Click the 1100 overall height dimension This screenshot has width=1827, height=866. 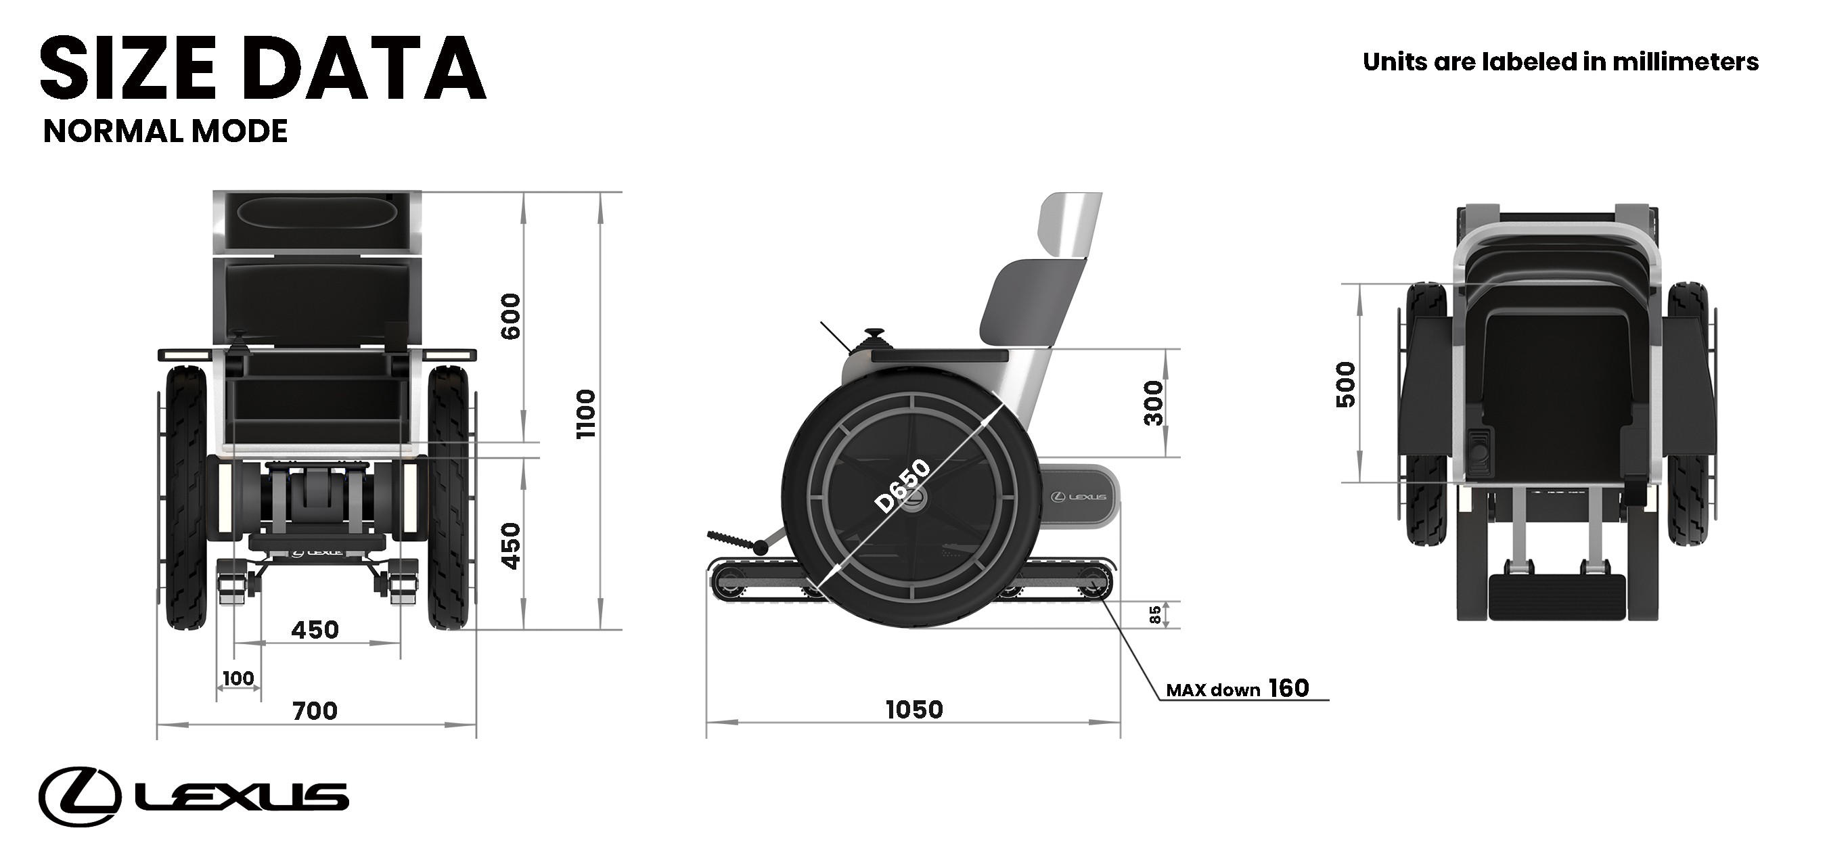click(x=586, y=413)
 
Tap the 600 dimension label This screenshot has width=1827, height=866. click(x=511, y=317)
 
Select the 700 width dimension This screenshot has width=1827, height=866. click(x=315, y=710)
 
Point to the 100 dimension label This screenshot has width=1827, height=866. click(x=238, y=678)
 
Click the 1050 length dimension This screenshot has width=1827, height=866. click(x=914, y=709)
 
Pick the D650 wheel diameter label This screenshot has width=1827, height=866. click(x=902, y=486)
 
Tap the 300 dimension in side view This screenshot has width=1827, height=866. click(x=1154, y=403)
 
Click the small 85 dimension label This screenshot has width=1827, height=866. click(x=1154, y=614)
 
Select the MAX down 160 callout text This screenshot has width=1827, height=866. click(x=1238, y=689)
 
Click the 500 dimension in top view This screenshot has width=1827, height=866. click(x=1345, y=384)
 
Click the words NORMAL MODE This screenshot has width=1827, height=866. click(x=165, y=131)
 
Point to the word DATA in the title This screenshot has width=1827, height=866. click(x=367, y=70)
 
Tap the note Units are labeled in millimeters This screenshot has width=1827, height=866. click(x=1560, y=62)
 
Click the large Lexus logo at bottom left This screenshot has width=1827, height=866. click(x=193, y=796)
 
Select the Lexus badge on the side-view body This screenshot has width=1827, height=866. click(x=1078, y=497)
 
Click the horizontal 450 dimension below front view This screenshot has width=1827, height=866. click(x=315, y=629)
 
